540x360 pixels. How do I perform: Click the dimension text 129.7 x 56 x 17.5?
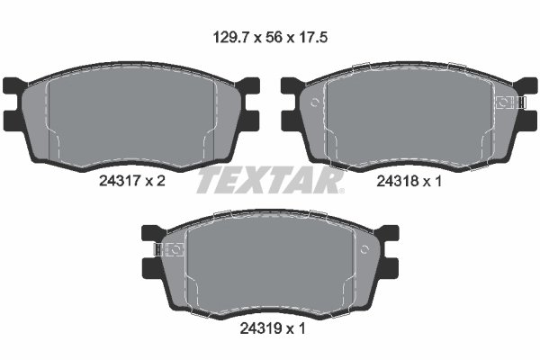tap(269, 39)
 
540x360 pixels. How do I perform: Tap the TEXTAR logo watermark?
tap(269, 181)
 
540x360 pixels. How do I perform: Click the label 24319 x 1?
tap(271, 328)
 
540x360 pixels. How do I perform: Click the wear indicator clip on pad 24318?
tap(512, 103)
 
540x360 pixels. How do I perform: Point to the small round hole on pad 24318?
tap(315, 103)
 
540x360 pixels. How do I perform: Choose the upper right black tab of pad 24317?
tap(248, 86)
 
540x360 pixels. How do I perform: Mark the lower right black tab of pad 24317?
tap(248, 120)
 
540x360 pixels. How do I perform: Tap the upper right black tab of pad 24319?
tap(388, 234)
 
